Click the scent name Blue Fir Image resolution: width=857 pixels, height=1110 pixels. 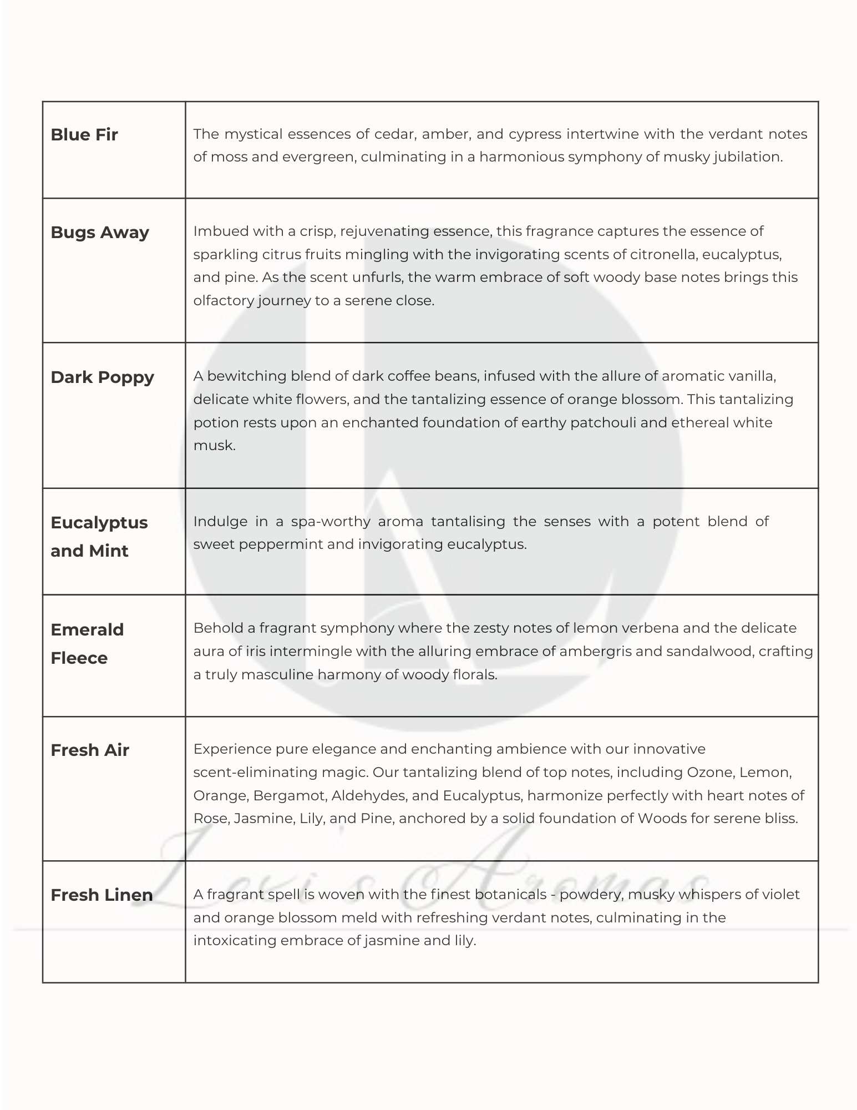(84, 135)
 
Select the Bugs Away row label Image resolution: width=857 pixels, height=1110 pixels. (100, 232)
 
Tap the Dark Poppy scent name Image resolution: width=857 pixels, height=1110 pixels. (102, 377)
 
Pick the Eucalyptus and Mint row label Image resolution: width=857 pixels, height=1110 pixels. (99, 536)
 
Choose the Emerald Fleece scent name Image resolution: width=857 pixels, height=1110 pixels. (87, 643)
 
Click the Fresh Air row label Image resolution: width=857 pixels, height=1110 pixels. (90, 750)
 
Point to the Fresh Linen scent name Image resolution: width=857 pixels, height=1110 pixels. (102, 895)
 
